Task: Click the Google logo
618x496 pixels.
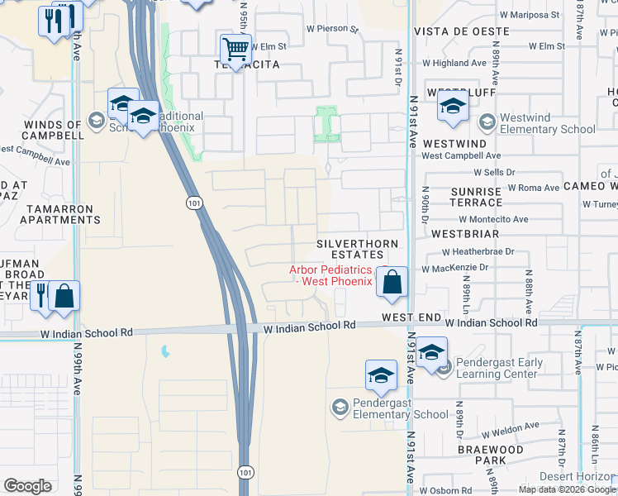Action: [x=28, y=486]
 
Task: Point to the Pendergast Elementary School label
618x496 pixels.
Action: [x=399, y=408]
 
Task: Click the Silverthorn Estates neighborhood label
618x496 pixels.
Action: [x=358, y=249]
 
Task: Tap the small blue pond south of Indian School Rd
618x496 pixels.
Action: [x=165, y=352]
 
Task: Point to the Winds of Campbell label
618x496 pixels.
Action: [x=42, y=129]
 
